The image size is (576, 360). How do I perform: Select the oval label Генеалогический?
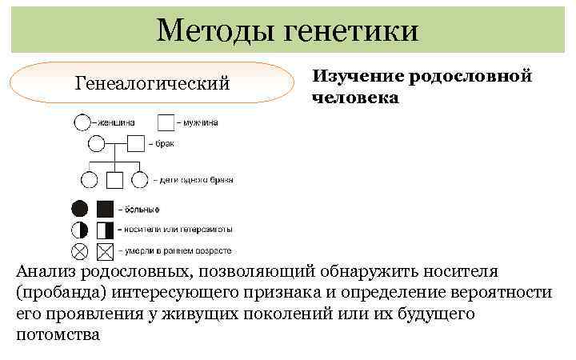click(x=152, y=82)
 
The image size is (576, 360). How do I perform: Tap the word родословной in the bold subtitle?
click(x=470, y=77)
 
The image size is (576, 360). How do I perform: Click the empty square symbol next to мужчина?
click(x=166, y=123)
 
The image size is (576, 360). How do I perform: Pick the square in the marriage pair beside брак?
click(x=136, y=144)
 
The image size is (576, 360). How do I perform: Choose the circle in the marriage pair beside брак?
click(x=96, y=144)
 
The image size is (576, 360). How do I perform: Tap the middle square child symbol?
click(x=114, y=180)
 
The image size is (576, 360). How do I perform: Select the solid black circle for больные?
click(x=80, y=209)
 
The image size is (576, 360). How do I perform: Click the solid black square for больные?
click(x=105, y=209)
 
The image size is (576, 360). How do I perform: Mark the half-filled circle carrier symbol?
click(x=80, y=230)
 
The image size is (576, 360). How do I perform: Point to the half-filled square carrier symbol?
click(x=105, y=230)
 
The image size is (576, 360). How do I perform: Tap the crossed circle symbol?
click(x=80, y=250)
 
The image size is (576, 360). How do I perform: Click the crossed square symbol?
click(x=105, y=250)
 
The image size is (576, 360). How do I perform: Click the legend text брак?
click(x=164, y=145)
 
